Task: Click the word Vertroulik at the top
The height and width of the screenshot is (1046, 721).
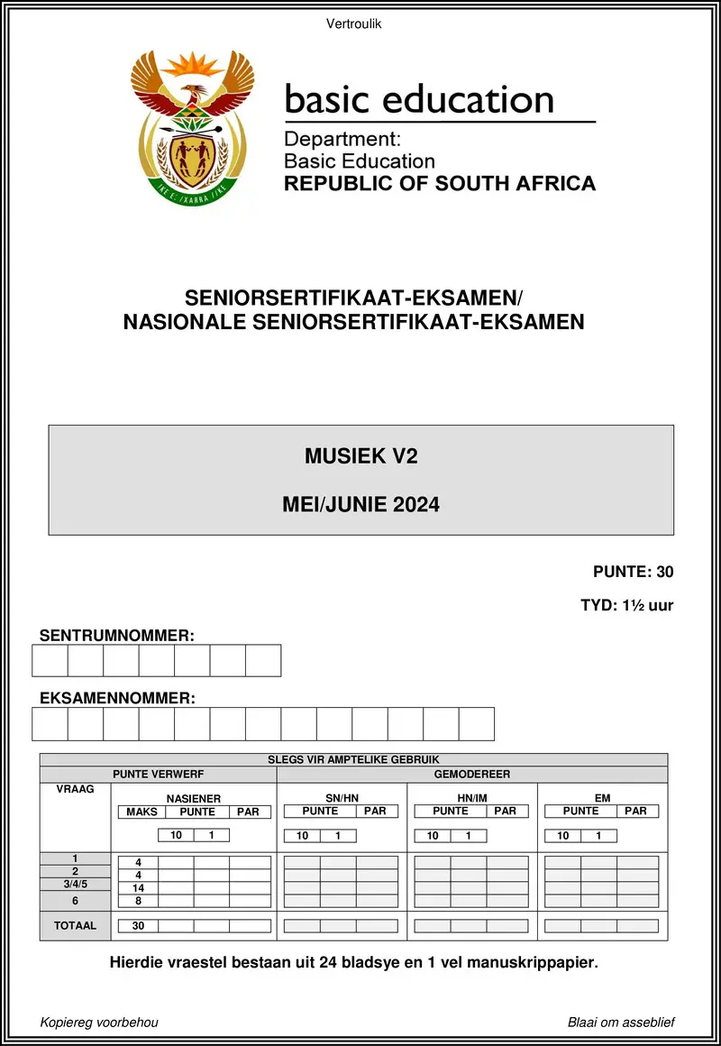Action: (354, 24)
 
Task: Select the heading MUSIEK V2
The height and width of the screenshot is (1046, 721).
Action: (360, 456)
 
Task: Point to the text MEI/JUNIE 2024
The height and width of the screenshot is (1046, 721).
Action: (360, 505)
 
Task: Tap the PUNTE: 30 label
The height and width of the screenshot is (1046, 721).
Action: (633, 571)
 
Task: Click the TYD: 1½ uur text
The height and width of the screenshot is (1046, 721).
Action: (626, 605)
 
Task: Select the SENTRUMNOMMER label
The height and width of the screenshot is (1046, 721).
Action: (117, 636)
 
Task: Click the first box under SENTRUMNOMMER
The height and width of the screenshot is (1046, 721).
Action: (50, 660)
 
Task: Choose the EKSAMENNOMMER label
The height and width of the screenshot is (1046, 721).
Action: (117, 698)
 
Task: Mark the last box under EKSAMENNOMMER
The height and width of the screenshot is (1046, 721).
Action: (477, 724)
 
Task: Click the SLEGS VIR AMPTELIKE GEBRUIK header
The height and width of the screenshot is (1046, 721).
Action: (353, 760)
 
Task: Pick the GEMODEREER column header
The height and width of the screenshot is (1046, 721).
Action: (472, 775)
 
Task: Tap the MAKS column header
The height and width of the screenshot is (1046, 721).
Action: (141, 812)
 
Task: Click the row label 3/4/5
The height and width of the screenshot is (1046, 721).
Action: (75, 885)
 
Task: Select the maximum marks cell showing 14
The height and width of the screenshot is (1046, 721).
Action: (138, 888)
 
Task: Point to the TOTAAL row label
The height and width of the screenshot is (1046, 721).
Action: (75, 925)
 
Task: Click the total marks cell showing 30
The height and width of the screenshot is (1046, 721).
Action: (138, 926)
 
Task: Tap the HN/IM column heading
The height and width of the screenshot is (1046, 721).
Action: (472, 799)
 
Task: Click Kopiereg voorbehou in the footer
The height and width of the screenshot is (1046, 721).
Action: (99, 1022)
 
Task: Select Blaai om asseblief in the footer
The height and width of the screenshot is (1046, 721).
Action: (621, 1022)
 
